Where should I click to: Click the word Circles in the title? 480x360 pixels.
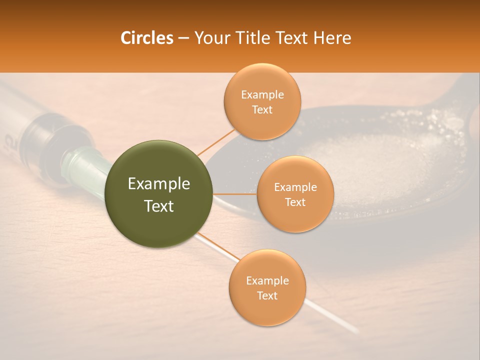coord(147,38)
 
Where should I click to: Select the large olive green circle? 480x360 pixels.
coord(159,194)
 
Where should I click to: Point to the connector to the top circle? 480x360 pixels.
coord(216,141)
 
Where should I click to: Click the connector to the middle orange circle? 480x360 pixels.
coord(235,194)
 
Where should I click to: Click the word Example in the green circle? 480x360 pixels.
coord(159,184)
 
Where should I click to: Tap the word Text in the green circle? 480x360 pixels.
coord(159,206)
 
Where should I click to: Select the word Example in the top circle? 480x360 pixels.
coord(262,95)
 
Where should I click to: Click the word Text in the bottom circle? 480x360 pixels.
coord(267,295)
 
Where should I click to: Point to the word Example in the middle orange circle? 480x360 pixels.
coord(295,187)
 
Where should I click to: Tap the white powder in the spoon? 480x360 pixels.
coord(380,165)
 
